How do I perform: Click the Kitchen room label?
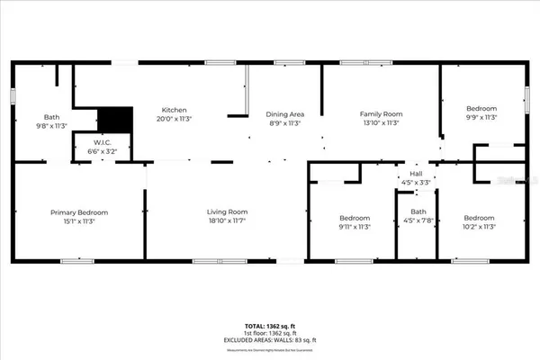(x=175, y=111)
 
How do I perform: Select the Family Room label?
(x=381, y=114)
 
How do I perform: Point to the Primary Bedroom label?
(x=79, y=212)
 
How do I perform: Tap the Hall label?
(x=416, y=174)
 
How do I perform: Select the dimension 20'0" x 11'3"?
(x=175, y=119)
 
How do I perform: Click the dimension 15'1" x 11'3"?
(x=79, y=220)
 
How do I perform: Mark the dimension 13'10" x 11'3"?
(x=381, y=122)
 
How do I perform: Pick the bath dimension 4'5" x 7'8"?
(x=416, y=228)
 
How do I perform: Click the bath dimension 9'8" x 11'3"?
(x=52, y=125)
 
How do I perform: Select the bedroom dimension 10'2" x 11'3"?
(x=479, y=227)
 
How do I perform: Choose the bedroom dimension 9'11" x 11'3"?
(x=355, y=227)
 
